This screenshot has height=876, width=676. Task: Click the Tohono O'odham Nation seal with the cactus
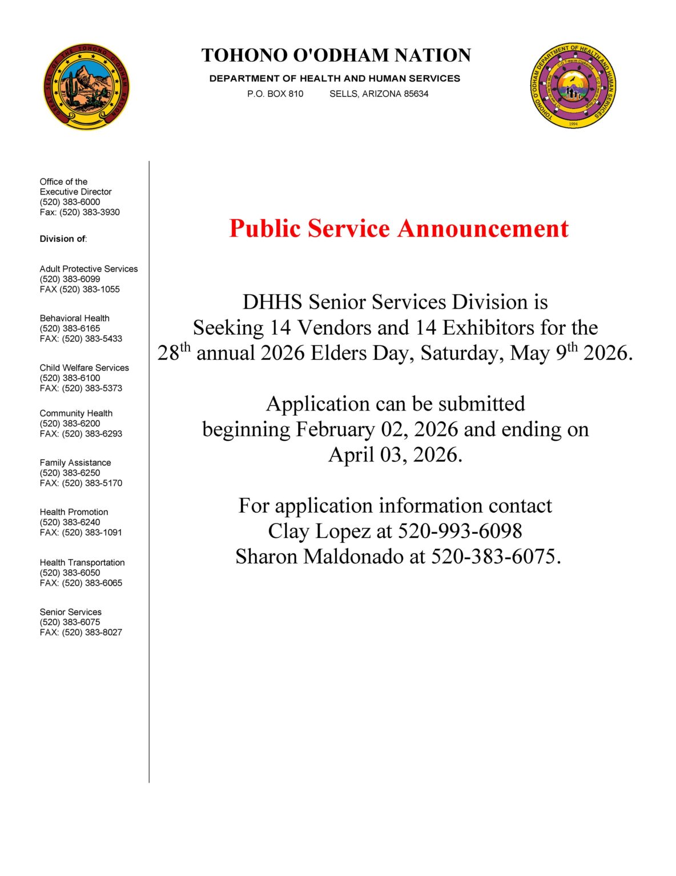86,87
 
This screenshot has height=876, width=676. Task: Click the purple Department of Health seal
573,86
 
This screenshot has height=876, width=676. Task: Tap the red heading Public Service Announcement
399,228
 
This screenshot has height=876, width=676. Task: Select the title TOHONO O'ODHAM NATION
336,55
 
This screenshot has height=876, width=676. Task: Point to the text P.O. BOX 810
275,94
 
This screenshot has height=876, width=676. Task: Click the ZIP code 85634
416,94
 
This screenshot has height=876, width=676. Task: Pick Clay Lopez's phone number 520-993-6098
460,531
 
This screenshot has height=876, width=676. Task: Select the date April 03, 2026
395,455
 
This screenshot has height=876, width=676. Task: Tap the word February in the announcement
335,429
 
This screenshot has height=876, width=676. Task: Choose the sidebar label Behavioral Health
74,318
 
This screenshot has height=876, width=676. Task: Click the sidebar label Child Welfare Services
84,368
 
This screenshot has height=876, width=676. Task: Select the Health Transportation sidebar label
82,562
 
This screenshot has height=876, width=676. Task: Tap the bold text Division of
62,239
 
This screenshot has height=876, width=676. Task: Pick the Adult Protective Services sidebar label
88,269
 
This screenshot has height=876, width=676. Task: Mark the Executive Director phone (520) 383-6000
70,202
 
